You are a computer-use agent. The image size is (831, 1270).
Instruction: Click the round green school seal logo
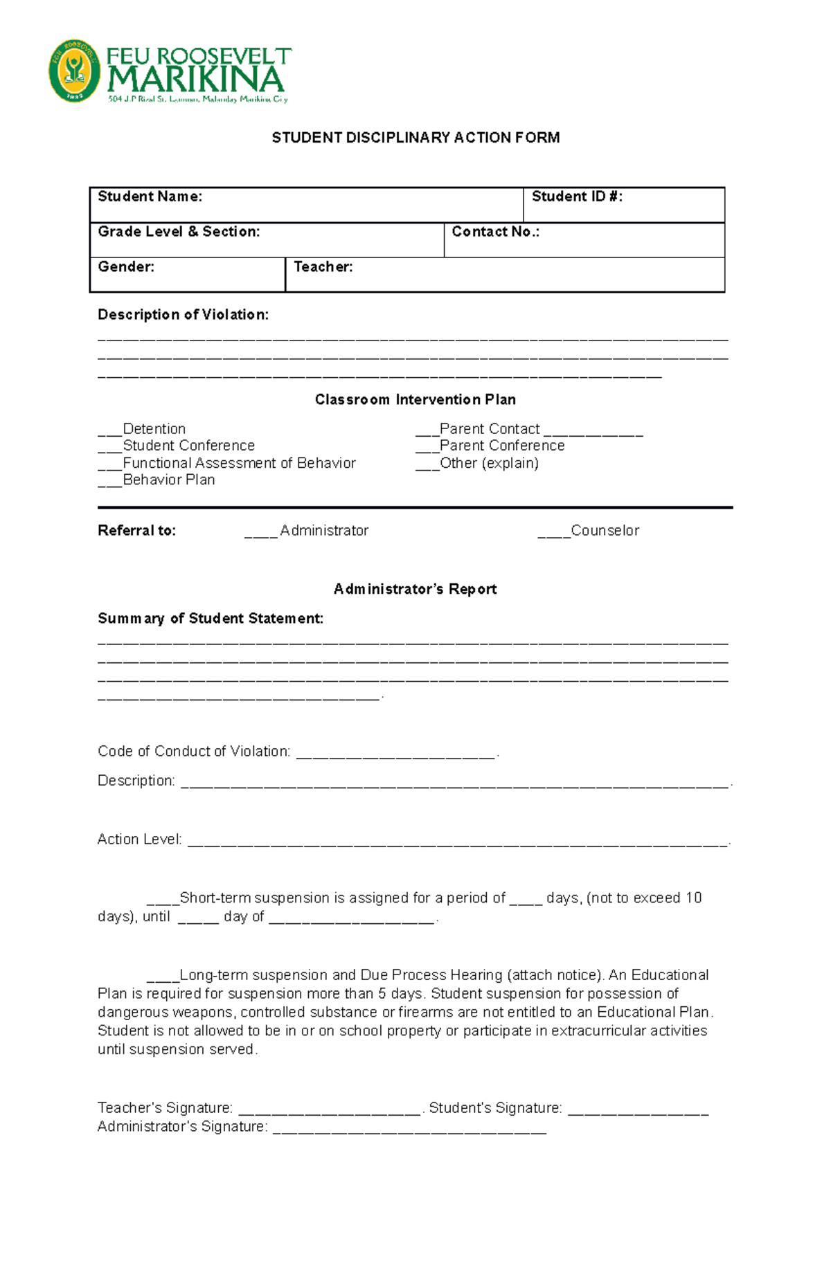click(x=74, y=71)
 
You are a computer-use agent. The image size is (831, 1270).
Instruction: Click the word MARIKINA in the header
click(x=196, y=81)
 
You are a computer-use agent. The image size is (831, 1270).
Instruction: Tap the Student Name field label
click(x=150, y=197)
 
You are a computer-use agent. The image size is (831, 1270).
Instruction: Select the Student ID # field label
click(x=577, y=197)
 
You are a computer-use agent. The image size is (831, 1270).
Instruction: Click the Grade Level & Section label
click(x=179, y=232)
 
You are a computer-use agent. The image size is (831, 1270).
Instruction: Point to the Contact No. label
click(x=495, y=232)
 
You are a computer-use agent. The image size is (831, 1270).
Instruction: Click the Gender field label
click(x=126, y=267)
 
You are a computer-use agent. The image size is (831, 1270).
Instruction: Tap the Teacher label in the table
click(x=323, y=267)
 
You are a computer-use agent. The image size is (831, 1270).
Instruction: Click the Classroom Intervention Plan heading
click(x=415, y=399)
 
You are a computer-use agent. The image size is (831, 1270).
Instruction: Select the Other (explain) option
click(x=489, y=463)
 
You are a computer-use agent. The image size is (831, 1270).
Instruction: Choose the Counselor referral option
click(x=604, y=531)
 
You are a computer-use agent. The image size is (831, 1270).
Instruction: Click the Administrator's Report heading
click(x=415, y=589)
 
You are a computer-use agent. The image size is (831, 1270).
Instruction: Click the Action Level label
click(x=139, y=840)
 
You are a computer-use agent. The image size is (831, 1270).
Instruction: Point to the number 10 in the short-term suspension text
click(x=693, y=898)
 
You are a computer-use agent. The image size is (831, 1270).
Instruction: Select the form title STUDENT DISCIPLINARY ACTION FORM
click(x=415, y=138)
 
